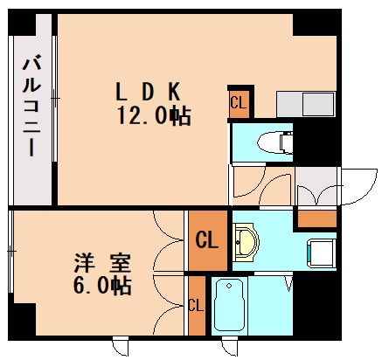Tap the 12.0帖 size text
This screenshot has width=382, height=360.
coord(154,114)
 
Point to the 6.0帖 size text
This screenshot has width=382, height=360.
coord(101,285)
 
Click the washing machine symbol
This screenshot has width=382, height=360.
coord(320,253)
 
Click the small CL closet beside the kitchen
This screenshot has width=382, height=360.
coord(239,102)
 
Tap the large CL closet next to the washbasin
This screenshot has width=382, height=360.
coord(207,239)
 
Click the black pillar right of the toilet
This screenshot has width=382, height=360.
coord(320,140)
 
